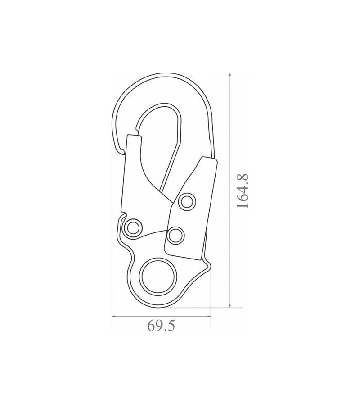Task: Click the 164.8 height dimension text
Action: pyautogui.click(x=243, y=191)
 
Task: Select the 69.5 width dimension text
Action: pyautogui.click(x=161, y=326)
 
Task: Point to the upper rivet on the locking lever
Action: pyautogui.click(x=187, y=202)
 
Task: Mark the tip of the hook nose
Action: pyautogui.click(x=123, y=153)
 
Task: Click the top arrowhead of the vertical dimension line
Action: pyautogui.click(x=230, y=75)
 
